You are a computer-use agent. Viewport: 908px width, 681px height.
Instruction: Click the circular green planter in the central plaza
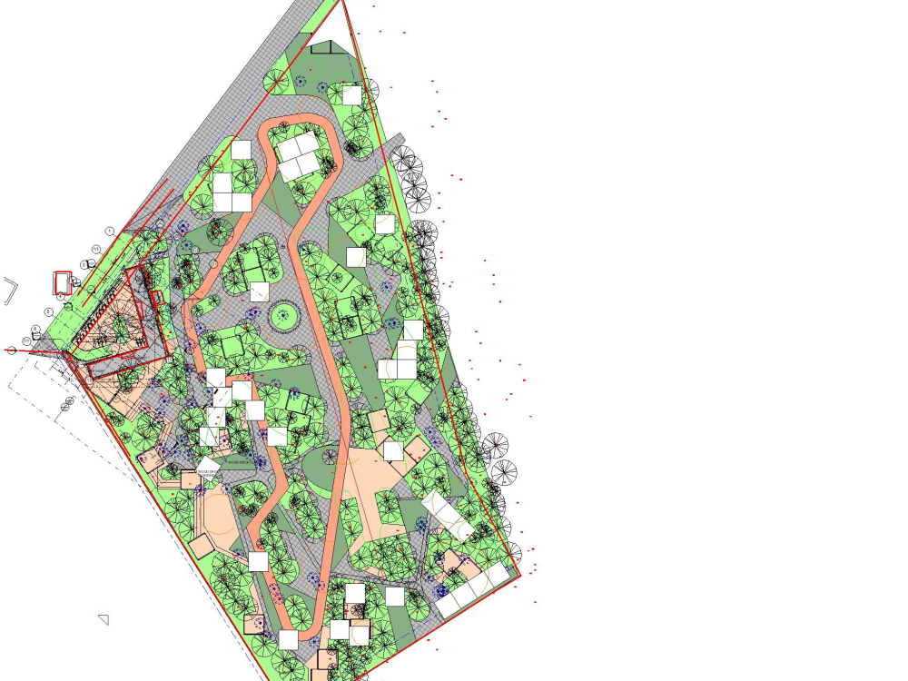tap(284, 317)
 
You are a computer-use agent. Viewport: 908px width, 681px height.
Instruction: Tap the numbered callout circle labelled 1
tap(110, 232)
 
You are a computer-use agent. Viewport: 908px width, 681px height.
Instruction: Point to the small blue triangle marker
tap(104, 619)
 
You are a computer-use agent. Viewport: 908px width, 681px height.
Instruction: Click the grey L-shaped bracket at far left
tap(10, 291)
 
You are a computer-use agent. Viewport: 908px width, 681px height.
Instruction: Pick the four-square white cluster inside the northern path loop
tap(299, 156)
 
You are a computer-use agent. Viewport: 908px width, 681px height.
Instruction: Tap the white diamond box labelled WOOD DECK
tap(208, 471)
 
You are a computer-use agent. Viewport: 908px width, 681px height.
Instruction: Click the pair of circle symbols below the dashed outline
tap(67, 404)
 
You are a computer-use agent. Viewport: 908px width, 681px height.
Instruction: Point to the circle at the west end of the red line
tap(12, 350)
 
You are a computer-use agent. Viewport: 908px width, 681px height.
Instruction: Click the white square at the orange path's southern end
tap(288, 639)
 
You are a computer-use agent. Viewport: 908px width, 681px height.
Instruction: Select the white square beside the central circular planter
tap(260, 291)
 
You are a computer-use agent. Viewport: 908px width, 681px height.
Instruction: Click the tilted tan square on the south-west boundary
tap(200, 548)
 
